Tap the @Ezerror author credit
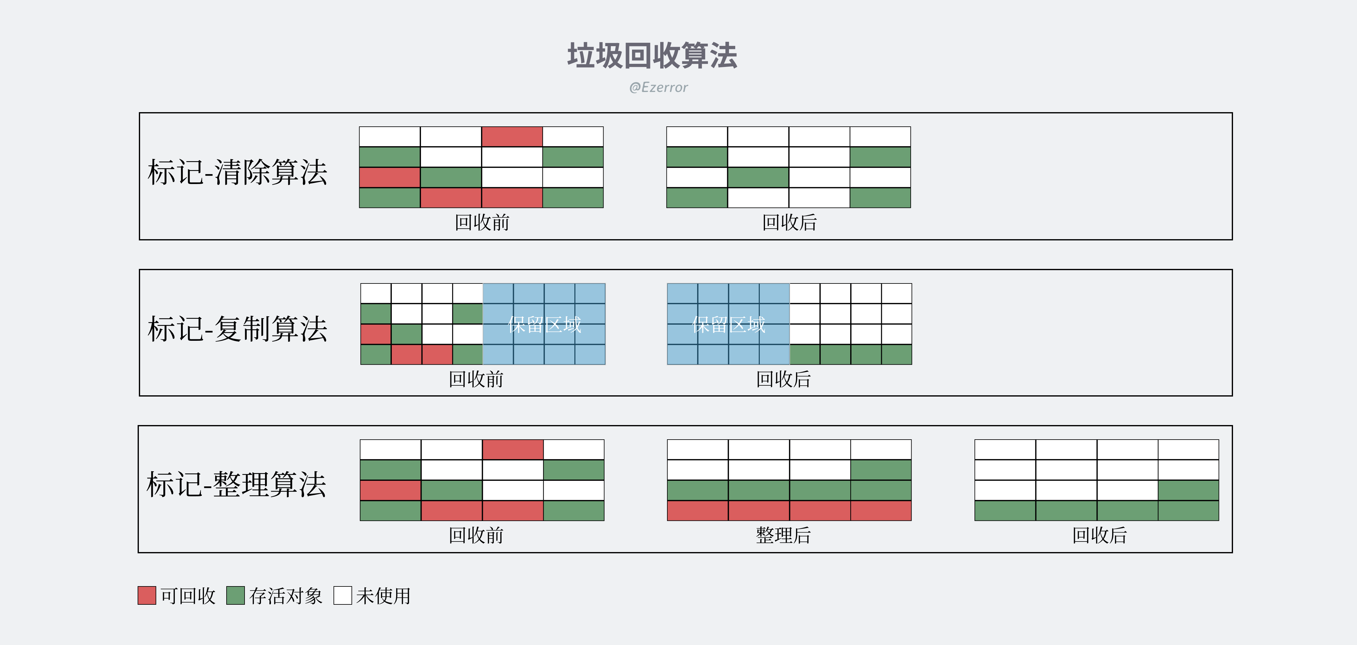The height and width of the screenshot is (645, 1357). click(x=658, y=87)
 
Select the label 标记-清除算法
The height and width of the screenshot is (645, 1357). click(x=237, y=172)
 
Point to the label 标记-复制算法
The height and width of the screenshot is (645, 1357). click(x=237, y=329)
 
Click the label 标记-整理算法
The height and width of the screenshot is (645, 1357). click(x=236, y=485)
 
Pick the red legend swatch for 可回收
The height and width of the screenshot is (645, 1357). click(x=147, y=595)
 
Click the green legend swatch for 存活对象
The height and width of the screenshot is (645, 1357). click(x=236, y=595)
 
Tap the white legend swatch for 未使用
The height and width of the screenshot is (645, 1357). click(x=343, y=595)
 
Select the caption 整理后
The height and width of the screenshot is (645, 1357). click(x=783, y=535)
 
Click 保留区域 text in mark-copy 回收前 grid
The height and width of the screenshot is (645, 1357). click(x=545, y=325)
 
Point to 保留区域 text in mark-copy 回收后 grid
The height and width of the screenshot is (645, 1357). click(x=728, y=325)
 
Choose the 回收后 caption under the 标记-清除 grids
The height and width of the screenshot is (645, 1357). click(x=789, y=223)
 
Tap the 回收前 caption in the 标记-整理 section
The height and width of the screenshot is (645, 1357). click(x=476, y=535)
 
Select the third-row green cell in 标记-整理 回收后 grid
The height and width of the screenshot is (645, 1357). click(x=1188, y=490)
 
